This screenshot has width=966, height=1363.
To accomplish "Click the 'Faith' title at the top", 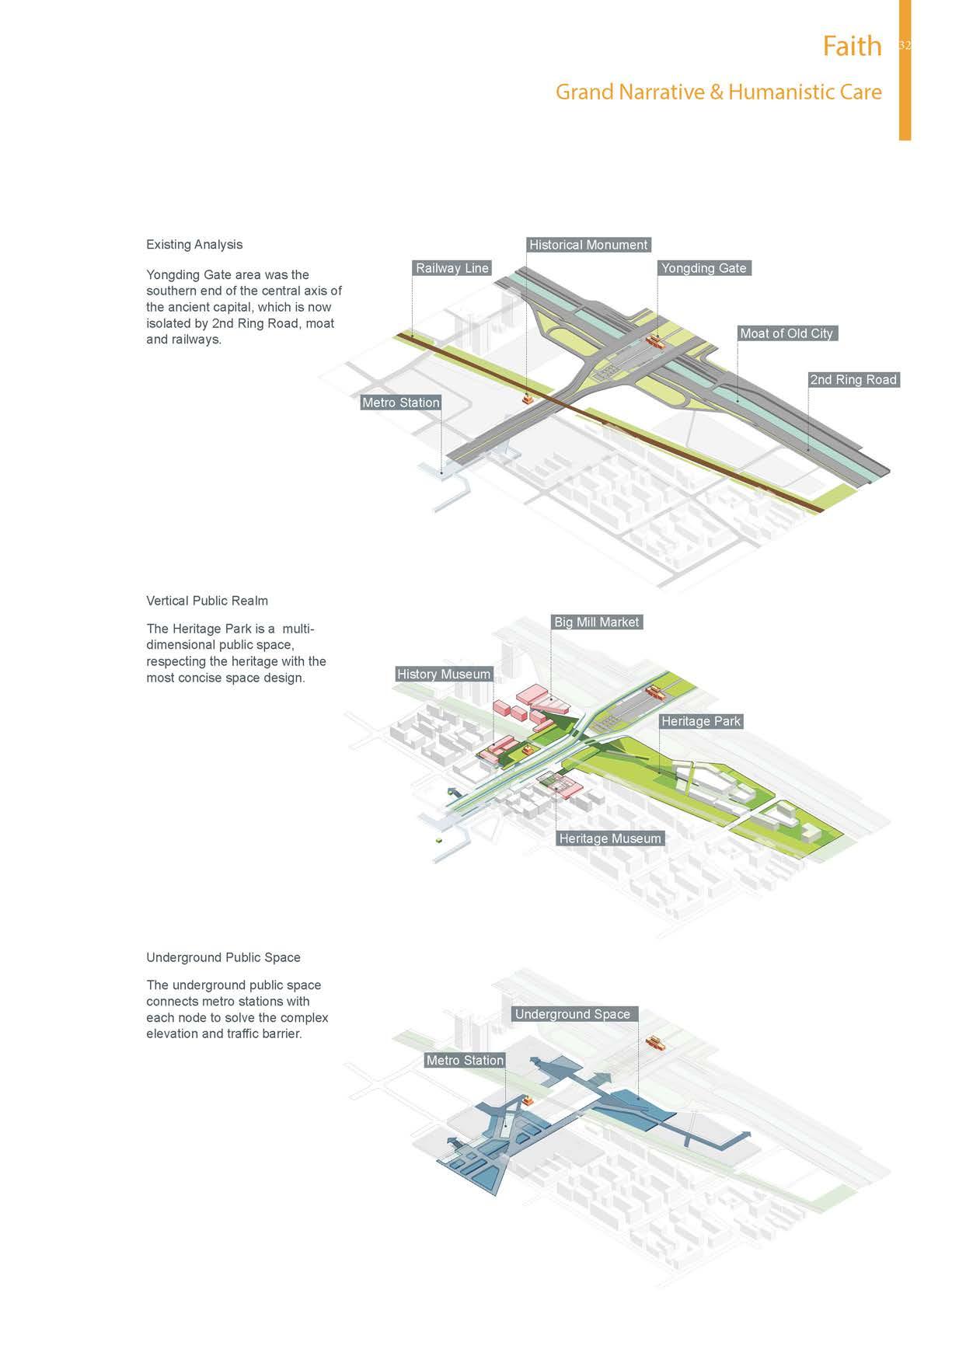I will point(852,47).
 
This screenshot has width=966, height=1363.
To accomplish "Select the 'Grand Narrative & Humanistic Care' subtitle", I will point(718,92).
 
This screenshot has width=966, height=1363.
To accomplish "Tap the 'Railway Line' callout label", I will point(452,268).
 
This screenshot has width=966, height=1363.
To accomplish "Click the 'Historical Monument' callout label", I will point(588,245).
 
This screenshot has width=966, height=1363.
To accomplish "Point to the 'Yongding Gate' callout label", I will point(703,268).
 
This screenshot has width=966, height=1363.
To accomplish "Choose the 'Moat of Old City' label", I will point(786,333).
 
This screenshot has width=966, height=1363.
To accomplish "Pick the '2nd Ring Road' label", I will point(853,380).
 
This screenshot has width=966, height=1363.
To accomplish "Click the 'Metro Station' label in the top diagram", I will point(400,403).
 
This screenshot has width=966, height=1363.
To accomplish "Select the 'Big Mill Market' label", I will point(596,622).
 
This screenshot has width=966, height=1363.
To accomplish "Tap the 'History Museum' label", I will point(443,675).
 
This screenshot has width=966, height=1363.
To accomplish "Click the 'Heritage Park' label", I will point(700,721).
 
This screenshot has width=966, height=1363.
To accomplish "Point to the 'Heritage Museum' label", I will point(609,838).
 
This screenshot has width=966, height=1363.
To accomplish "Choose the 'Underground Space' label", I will point(573,1014).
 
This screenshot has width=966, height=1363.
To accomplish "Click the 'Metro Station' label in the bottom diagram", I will point(465,1061).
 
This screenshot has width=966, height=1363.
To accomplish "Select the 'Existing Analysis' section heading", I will point(194,245).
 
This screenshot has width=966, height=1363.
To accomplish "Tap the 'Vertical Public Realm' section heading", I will point(207,601).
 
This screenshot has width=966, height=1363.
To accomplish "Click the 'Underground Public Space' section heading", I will point(223,957).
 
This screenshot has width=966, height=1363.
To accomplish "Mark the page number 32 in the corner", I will point(904,46).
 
